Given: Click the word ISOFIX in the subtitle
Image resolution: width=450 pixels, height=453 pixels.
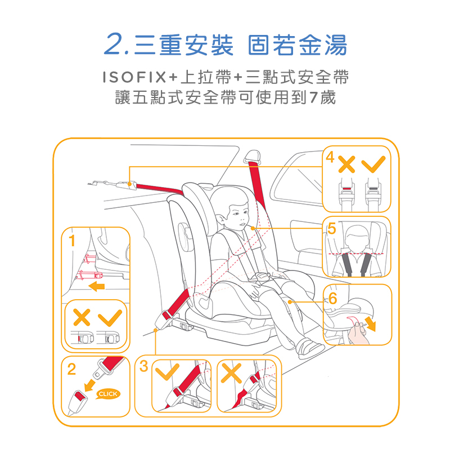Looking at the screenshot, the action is [x=134, y=77].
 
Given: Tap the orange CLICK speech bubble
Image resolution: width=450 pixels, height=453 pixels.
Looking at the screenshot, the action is [x=107, y=394].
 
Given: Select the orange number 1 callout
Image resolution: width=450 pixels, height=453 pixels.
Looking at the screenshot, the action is [x=72, y=241].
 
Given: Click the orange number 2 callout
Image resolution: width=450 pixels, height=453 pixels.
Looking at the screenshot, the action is [x=71, y=369].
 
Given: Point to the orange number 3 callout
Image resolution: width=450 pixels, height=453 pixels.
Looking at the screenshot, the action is [x=143, y=366].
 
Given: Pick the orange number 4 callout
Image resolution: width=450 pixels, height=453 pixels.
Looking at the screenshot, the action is [x=330, y=157].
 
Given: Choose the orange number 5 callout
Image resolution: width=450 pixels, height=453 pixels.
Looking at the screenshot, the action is [x=332, y=228].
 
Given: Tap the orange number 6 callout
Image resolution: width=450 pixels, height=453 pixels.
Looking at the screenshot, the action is [x=332, y=299].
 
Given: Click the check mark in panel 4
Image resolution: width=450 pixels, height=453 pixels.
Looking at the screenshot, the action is [x=373, y=164].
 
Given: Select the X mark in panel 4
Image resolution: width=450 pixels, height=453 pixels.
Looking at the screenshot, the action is [x=346, y=164].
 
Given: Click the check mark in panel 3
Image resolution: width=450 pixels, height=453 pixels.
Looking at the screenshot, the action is [x=167, y=372].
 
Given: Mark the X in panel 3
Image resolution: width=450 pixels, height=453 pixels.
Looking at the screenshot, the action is [x=231, y=373].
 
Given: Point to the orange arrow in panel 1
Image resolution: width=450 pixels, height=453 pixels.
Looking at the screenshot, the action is [x=97, y=286].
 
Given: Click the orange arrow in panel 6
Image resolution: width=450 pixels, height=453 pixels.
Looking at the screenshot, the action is [x=370, y=323].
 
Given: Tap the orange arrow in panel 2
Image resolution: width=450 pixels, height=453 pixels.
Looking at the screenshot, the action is [x=89, y=385].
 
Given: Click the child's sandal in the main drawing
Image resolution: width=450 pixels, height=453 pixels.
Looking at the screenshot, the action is [x=309, y=349].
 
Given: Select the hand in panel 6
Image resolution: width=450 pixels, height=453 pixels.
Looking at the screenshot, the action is [x=358, y=334].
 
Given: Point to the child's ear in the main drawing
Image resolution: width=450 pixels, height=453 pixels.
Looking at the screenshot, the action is [x=220, y=219].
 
